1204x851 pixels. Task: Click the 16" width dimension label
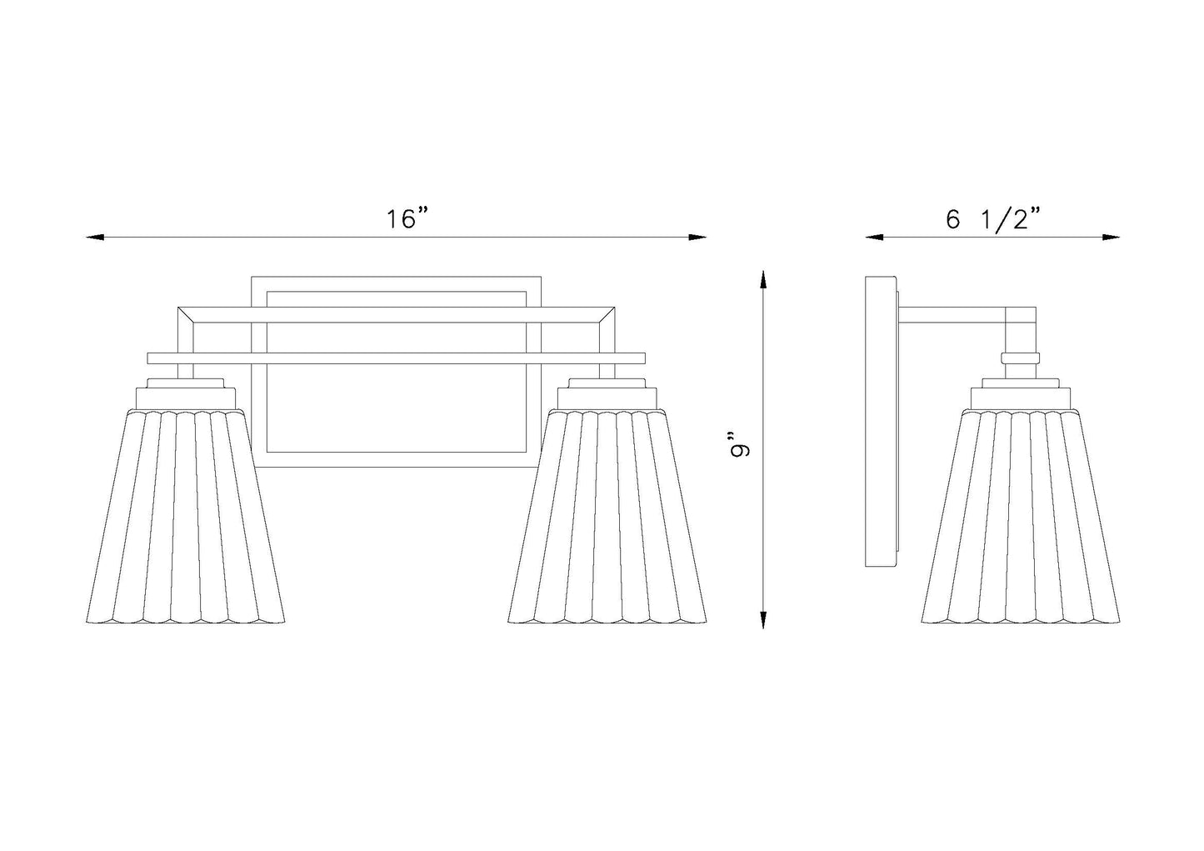pyautogui.click(x=408, y=219)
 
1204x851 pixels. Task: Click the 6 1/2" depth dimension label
pyautogui.click(x=992, y=220)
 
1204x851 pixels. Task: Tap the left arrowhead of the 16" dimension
pyautogui.click(x=95, y=237)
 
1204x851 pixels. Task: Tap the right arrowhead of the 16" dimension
pyautogui.click(x=697, y=237)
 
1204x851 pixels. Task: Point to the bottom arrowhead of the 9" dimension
pyautogui.click(x=762, y=619)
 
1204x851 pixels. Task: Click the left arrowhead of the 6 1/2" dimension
pyautogui.click(x=874, y=237)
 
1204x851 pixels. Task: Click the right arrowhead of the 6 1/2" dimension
pyautogui.click(x=1111, y=237)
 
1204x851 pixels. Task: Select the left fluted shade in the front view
pyautogui.click(x=186, y=517)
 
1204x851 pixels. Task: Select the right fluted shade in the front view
pyautogui.click(x=607, y=517)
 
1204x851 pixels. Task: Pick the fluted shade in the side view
pyautogui.click(x=1021, y=517)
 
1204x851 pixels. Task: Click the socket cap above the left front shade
pyautogui.click(x=186, y=393)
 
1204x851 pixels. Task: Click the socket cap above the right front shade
pyautogui.click(x=607, y=393)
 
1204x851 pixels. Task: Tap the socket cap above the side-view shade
pyautogui.click(x=1021, y=393)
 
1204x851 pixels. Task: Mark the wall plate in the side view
pyautogui.click(x=881, y=422)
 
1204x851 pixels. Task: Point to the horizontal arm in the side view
pyautogui.click(x=952, y=315)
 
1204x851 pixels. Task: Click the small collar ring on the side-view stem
pyautogui.click(x=1020, y=358)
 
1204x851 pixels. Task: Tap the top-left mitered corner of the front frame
pyautogui.click(x=186, y=315)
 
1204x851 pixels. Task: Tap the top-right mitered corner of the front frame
pyautogui.click(x=607, y=315)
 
